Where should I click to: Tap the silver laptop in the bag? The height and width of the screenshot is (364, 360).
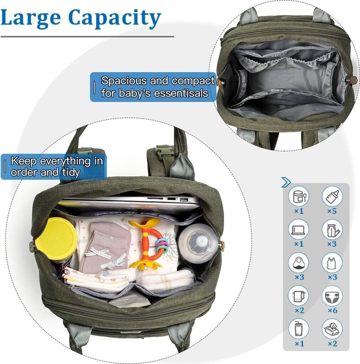pos(129,202)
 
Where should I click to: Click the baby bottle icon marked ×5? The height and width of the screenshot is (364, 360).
pos(332,196)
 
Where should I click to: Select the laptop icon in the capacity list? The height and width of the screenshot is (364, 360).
pos(299,229)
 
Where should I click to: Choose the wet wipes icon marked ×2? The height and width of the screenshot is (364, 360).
pos(332,329)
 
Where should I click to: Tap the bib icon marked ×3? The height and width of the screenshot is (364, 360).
pos(299,263)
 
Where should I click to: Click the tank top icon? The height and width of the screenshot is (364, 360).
pos(332,263)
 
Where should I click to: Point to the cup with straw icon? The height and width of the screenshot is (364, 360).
pos(299,329)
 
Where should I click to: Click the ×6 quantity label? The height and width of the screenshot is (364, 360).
pos(332,310)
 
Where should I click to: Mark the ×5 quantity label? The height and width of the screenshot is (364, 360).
pos(332,211)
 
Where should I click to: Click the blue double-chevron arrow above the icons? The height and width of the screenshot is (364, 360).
pos(286,182)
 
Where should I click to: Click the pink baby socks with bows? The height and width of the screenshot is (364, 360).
pos(106,248)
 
